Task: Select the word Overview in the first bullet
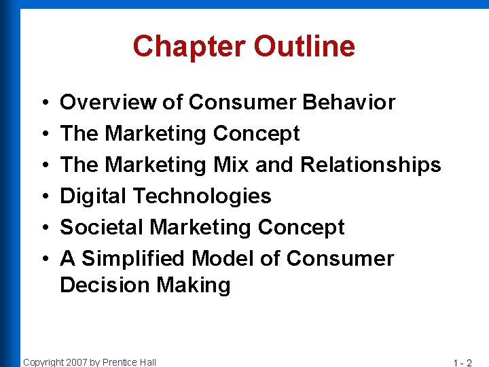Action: point(108,103)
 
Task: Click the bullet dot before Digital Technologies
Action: point(43,197)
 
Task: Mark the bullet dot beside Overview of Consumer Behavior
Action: point(43,103)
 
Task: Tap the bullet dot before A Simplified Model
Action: point(43,260)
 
